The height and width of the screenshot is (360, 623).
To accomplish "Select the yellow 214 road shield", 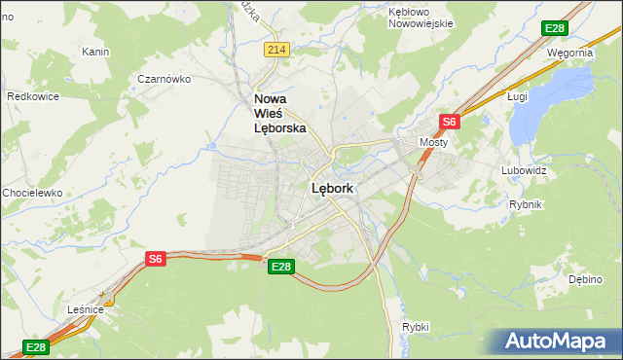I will pos(276,49).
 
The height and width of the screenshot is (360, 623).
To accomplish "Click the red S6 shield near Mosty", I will pos(449,122).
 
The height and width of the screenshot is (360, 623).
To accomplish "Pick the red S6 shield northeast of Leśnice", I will pos(156,258).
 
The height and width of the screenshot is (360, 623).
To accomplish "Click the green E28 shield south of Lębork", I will pos(280,266).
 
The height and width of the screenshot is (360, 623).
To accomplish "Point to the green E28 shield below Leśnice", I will pos(35,346).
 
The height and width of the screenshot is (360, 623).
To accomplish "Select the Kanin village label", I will pos(95,52).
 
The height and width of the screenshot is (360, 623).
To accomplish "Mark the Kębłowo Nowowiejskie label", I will pos(421,17).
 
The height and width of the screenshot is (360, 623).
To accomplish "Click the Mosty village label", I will pos(432,142).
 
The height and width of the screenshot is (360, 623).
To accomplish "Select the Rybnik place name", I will pos(525,204).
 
